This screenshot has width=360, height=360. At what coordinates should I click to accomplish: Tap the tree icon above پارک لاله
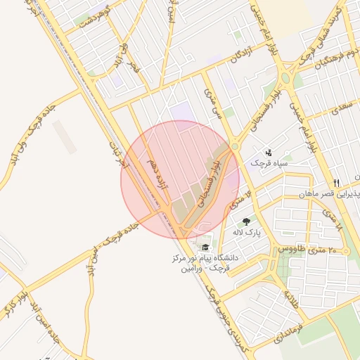click(x=245, y=222)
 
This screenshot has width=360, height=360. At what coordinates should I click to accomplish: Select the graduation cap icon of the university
click(x=205, y=247)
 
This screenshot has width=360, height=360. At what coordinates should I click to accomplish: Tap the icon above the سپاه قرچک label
click(x=269, y=153)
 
